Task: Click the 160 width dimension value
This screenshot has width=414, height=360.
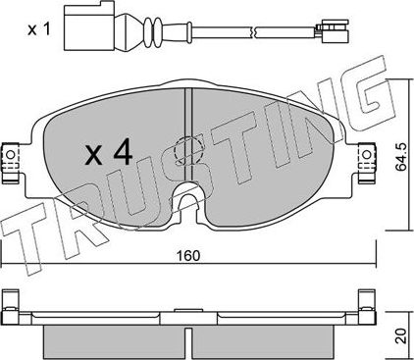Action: pyautogui.click(x=189, y=257)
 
